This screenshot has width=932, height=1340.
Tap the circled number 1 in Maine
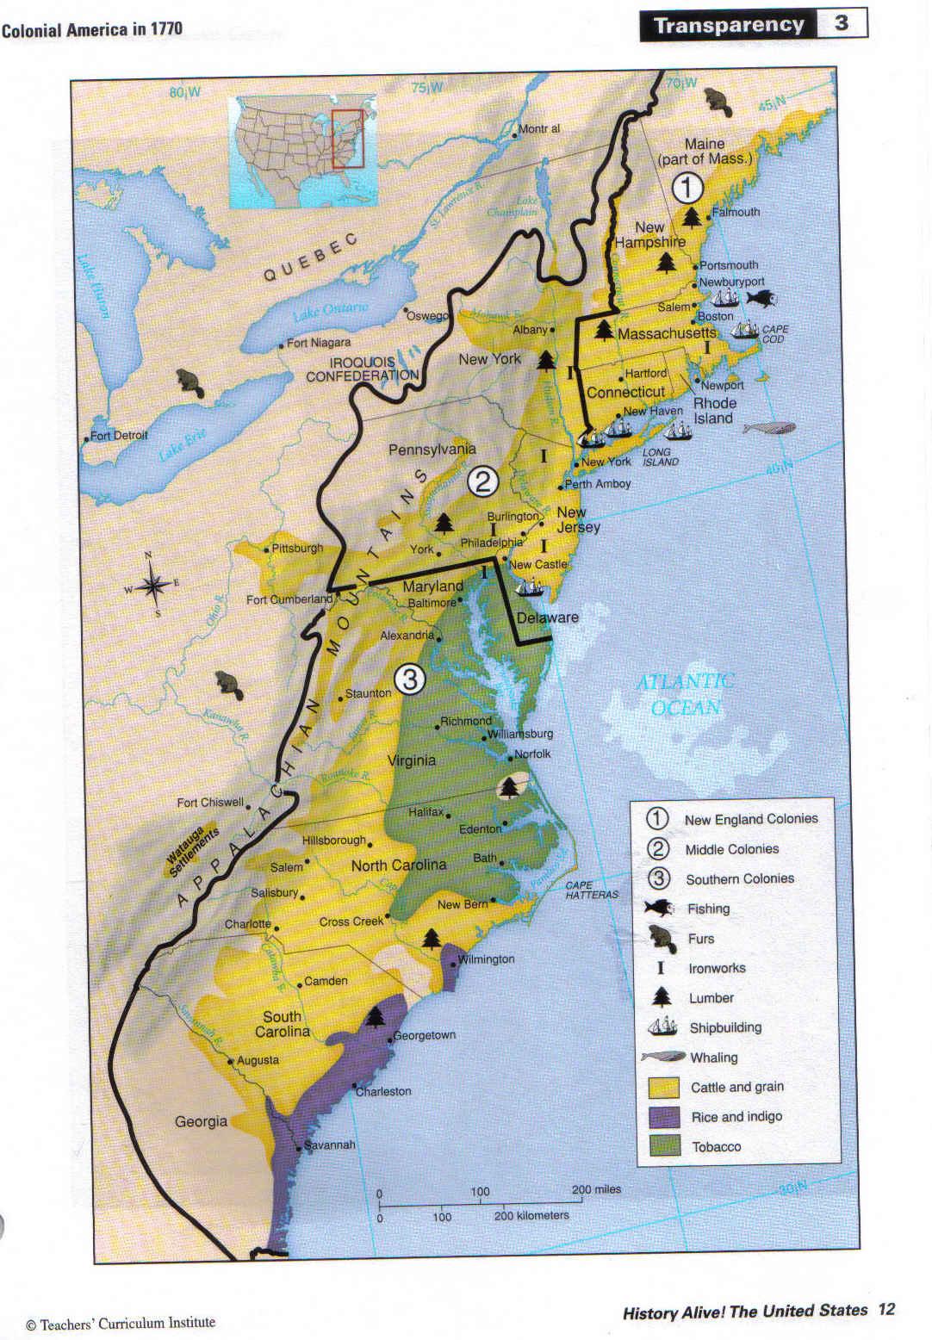click(x=687, y=187)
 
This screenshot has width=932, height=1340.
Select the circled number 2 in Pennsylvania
click(x=483, y=481)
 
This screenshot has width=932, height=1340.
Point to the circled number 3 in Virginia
click(x=409, y=680)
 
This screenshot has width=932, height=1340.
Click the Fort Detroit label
click(x=119, y=436)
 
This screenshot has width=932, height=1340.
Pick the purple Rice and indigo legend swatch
click(x=664, y=1117)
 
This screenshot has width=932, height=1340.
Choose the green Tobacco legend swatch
click(x=664, y=1146)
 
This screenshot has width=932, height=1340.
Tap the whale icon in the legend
click(x=662, y=1058)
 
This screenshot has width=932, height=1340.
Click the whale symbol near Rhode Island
click(x=768, y=428)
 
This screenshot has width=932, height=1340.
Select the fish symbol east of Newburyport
click(x=761, y=298)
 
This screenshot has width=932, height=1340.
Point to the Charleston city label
click(x=383, y=1091)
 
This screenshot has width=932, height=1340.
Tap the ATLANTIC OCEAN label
click(x=686, y=694)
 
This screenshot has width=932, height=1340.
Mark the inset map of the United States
click(x=302, y=152)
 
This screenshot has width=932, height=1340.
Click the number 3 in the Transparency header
click(x=841, y=24)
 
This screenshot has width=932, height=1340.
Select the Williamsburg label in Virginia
click(x=521, y=735)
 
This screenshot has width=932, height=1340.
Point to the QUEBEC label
click(x=309, y=256)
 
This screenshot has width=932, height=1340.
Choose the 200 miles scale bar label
click(x=596, y=1189)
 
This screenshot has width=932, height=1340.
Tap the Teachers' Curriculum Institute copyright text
click(x=121, y=1323)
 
